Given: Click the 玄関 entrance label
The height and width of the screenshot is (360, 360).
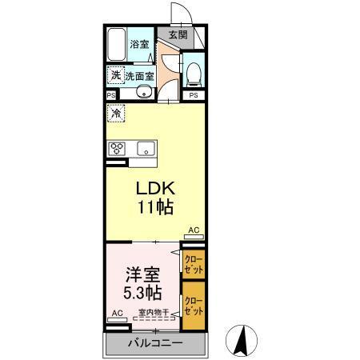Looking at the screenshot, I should pos(178,35).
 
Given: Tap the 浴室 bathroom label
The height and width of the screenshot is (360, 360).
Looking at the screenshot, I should pos(140,45).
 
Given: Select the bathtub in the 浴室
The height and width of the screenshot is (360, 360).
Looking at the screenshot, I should pos(118,44).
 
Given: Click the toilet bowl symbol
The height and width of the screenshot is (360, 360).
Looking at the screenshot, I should pos(192,75).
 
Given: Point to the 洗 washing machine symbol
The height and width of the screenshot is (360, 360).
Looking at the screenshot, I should pos(116,75).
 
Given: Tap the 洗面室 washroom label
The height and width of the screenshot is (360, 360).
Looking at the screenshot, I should pos(139,76).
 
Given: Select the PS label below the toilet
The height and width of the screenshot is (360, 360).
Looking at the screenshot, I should pos(193,95).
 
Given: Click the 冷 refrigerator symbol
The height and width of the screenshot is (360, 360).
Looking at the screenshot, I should pos(117,115).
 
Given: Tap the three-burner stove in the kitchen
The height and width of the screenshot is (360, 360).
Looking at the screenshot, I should pos(117,148).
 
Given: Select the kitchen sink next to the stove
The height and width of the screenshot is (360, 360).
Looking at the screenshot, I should pos(146,148).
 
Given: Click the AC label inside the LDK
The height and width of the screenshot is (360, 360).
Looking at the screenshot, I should pos(193,230).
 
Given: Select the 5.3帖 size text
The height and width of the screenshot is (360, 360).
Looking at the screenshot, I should pos(137,292).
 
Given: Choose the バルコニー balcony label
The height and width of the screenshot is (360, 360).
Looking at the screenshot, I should pos(155,343).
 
